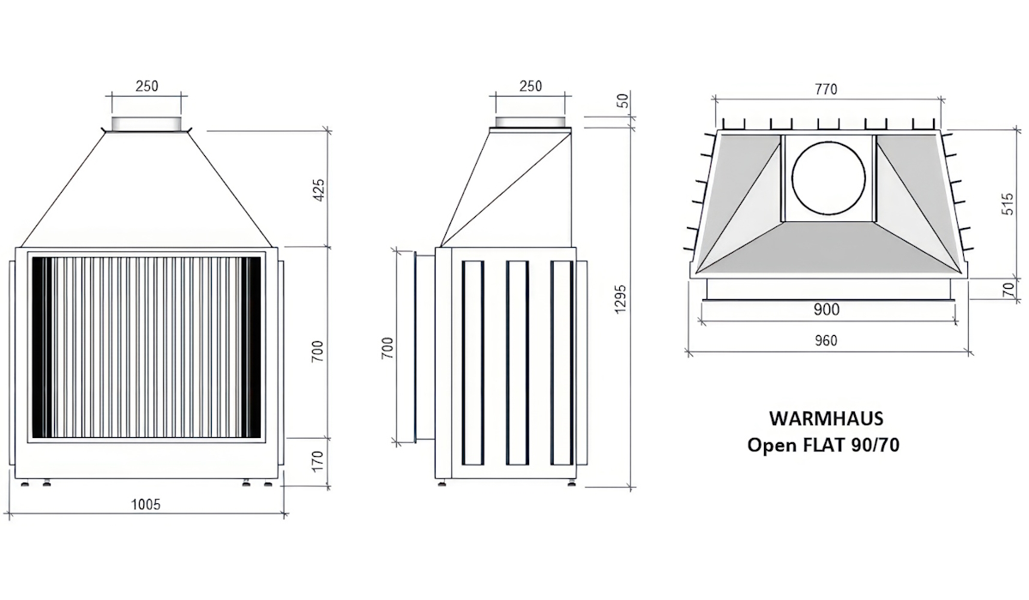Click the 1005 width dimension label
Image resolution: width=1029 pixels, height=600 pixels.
(147, 504)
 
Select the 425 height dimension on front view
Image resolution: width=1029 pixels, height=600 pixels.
(319, 189)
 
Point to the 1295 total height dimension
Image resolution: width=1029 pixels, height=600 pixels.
(621, 299)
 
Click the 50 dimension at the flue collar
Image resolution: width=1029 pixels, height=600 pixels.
(623, 101)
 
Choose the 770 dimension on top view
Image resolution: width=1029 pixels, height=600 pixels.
(825, 88)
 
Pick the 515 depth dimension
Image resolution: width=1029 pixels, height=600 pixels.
(1010, 203)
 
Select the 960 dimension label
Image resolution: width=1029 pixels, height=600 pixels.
(825, 340)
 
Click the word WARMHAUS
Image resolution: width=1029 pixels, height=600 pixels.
(825, 419)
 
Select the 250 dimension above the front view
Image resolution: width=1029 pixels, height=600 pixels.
(147, 86)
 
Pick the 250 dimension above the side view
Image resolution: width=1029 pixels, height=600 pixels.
(531, 86)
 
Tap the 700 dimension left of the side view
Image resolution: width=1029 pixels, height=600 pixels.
(388, 347)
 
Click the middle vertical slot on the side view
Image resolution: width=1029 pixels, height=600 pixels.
(516, 363)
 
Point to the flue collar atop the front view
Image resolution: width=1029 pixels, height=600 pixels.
(147, 123)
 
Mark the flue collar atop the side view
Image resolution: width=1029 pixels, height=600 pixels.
(531, 122)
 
